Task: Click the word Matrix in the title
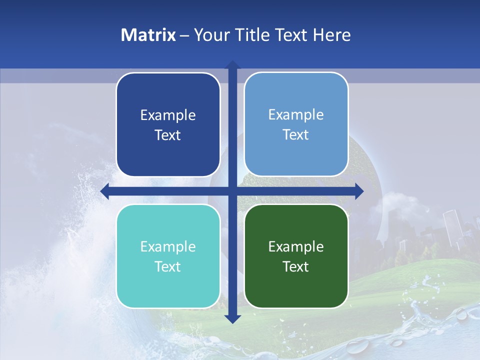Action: (x=148, y=35)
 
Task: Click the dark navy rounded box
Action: (x=168, y=124)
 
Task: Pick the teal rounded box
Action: (x=168, y=256)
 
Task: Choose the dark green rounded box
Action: (x=296, y=256)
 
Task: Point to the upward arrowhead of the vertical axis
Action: (x=232, y=65)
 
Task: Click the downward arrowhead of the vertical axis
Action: (x=232, y=318)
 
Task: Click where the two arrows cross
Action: (x=232, y=191)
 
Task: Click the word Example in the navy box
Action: (x=168, y=115)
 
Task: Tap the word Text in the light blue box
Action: (x=296, y=135)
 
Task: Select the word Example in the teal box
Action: (x=168, y=247)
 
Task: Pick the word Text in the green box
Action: (x=296, y=267)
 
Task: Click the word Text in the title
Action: (x=291, y=35)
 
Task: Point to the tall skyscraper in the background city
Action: (x=452, y=227)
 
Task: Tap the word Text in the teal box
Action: (x=168, y=267)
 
